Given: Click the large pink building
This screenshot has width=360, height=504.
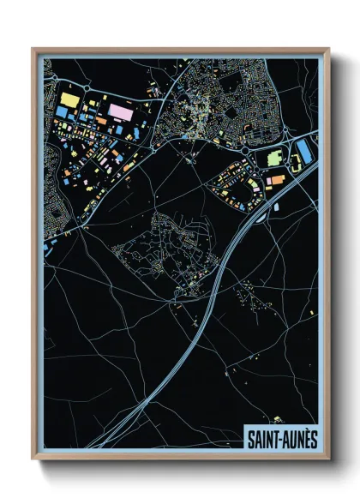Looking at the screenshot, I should tap(120, 111).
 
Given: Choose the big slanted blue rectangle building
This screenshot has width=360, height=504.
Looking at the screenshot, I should tap(303, 153).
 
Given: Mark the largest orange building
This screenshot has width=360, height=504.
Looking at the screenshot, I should tap(276, 181).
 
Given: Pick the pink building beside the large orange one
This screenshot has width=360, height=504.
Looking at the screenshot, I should tap(267, 181).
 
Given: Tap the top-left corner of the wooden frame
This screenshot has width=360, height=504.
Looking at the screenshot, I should tap(33, 50).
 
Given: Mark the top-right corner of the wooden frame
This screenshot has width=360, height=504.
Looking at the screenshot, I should tap(328, 50).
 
